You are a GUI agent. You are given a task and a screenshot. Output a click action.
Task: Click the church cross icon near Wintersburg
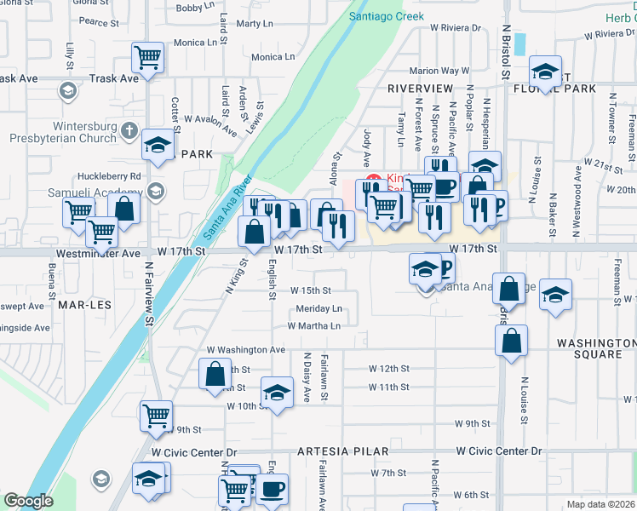(x=129, y=130)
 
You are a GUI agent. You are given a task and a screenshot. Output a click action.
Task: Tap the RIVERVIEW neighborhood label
(x=420, y=88)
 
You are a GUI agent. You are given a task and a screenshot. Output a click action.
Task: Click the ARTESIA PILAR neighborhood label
(x=343, y=451)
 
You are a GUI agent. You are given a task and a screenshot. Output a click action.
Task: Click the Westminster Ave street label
(x=97, y=254)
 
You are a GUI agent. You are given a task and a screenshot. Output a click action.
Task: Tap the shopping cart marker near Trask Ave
(x=148, y=58)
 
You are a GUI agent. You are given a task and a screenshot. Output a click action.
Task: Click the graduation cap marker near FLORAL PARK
(x=545, y=71)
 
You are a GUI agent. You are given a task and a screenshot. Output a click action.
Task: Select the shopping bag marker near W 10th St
(x=215, y=374)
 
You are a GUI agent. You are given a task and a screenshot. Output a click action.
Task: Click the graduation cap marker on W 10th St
(x=276, y=393)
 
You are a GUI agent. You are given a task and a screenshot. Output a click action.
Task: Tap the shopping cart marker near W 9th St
(x=157, y=416)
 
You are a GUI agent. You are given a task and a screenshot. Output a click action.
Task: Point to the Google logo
(x=28, y=501)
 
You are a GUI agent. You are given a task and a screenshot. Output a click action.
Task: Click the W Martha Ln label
(x=313, y=326)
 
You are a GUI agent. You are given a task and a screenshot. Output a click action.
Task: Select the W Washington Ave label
(x=246, y=350)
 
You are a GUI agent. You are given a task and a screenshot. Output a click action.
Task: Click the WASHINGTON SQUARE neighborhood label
(x=597, y=348)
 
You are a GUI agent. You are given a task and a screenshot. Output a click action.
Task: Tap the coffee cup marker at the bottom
(x=273, y=489)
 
